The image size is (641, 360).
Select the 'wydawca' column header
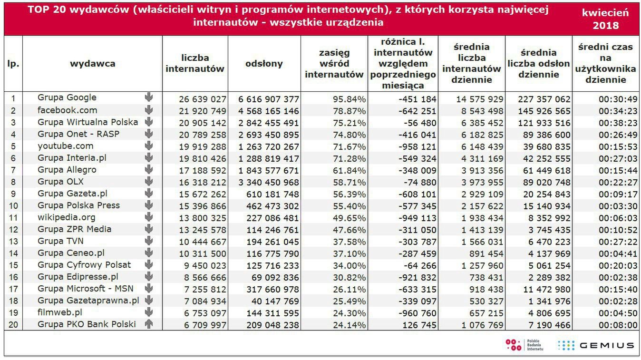[92, 64]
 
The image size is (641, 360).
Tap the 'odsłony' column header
[264, 64]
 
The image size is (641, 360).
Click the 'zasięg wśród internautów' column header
[334, 64]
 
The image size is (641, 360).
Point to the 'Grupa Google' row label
[67, 97]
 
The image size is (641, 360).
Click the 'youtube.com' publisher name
[66, 146]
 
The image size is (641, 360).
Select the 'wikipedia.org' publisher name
[67, 217]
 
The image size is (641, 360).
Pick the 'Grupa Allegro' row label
[67, 170]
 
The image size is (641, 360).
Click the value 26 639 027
[203, 99]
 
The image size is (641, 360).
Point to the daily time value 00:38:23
[617, 123]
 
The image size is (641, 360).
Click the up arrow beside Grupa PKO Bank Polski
[149, 324]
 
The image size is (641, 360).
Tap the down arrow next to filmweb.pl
[149, 312]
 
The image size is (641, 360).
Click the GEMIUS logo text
[606, 346]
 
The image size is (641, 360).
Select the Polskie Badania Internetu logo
[524, 345]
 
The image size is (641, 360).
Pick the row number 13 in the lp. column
[13, 242]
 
